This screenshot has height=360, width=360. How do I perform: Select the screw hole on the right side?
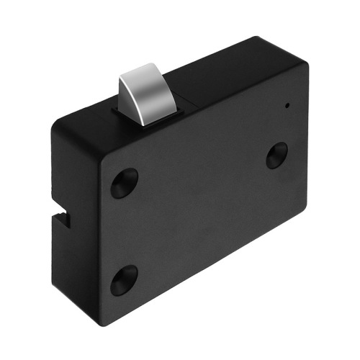click(x=276, y=155)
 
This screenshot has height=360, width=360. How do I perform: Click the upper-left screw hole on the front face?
click(x=124, y=183)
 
